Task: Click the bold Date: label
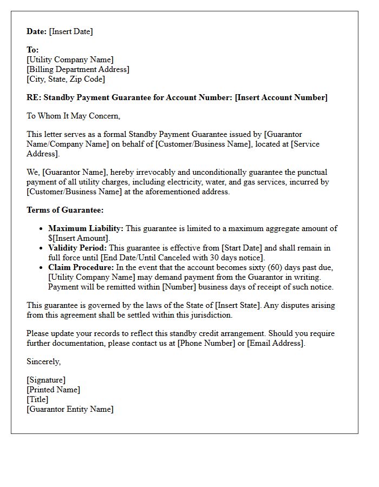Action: [37, 31]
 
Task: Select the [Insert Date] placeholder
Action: [71, 31]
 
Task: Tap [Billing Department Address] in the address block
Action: [78, 69]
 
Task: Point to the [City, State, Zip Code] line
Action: [66, 79]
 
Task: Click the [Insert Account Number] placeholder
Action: [281, 97]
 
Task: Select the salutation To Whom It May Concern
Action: [73, 115]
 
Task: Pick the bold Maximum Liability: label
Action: [86, 228]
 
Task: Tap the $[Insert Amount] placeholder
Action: [79, 238]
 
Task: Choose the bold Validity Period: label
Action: [78, 248]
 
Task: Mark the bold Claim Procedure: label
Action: [81, 267]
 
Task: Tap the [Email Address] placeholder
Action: [276, 343]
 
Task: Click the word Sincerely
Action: [43, 361]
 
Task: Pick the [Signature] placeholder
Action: [46, 380]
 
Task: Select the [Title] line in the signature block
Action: [37, 399]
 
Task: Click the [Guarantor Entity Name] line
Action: [70, 409]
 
